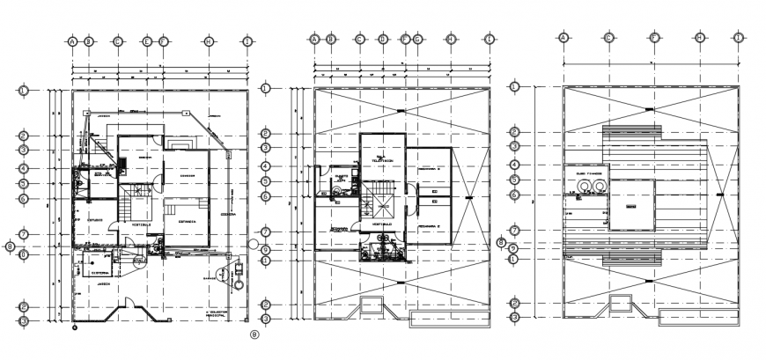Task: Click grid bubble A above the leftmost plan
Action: tap(73, 40)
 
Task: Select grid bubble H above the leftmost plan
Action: tap(209, 40)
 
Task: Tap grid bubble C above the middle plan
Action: tap(359, 39)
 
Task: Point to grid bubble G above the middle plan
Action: tap(417, 39)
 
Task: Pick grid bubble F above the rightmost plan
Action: tap(654, 38)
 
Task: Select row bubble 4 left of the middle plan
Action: tap(267, 167)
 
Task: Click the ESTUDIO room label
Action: tap(96, 220)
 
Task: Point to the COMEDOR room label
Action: tap(187, 175)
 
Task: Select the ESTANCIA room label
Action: tap(187, 222)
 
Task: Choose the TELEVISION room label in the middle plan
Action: tap(381, 161)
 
